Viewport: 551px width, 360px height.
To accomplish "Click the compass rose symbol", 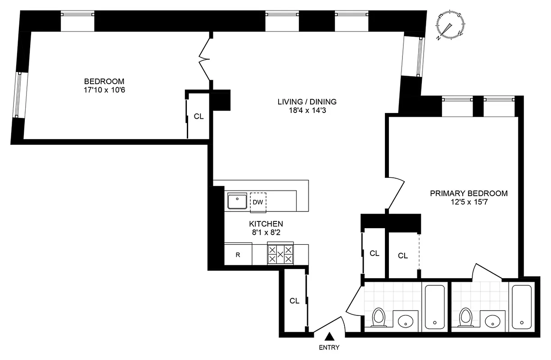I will click(x=451, y=26).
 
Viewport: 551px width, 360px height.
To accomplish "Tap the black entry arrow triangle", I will click(x=330, y=336).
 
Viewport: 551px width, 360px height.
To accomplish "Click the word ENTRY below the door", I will click(x=329, y=347).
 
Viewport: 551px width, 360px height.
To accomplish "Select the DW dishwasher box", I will click(x=258, y=202).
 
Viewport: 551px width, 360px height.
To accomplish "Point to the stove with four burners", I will click(x=280, y=255).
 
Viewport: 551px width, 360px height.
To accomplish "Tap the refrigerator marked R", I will click(x=238, y=255).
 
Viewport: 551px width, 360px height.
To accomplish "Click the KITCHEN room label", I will click(x=266, y=224).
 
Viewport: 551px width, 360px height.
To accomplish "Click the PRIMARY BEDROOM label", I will click(x=469, y=193).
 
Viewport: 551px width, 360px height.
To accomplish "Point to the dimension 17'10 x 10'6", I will click(x=104, y=90).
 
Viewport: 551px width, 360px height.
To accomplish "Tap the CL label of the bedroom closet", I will click(x=199, y=116).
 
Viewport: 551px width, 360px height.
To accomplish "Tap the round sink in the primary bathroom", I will click(x=494, y=321).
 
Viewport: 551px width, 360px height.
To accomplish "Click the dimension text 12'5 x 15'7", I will click(x=469, y=202).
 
